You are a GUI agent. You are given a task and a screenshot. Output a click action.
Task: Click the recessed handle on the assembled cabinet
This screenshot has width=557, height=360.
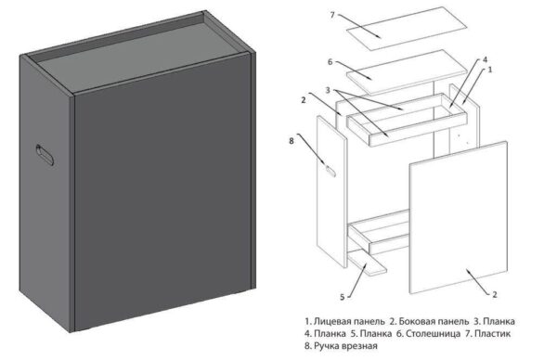44,156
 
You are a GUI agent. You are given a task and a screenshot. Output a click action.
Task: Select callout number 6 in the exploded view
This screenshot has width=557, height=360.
330,61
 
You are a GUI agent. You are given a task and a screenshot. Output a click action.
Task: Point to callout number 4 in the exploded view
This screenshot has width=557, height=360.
485,61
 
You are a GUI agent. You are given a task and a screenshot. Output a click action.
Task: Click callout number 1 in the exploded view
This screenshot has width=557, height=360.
491,70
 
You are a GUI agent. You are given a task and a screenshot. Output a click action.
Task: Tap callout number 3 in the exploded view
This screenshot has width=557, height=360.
328,90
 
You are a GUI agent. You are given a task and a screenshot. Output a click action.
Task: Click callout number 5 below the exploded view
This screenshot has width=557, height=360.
343,296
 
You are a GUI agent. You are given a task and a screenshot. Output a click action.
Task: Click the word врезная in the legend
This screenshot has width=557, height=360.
362,345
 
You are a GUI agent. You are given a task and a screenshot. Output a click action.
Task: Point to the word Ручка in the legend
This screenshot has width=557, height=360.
326,345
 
